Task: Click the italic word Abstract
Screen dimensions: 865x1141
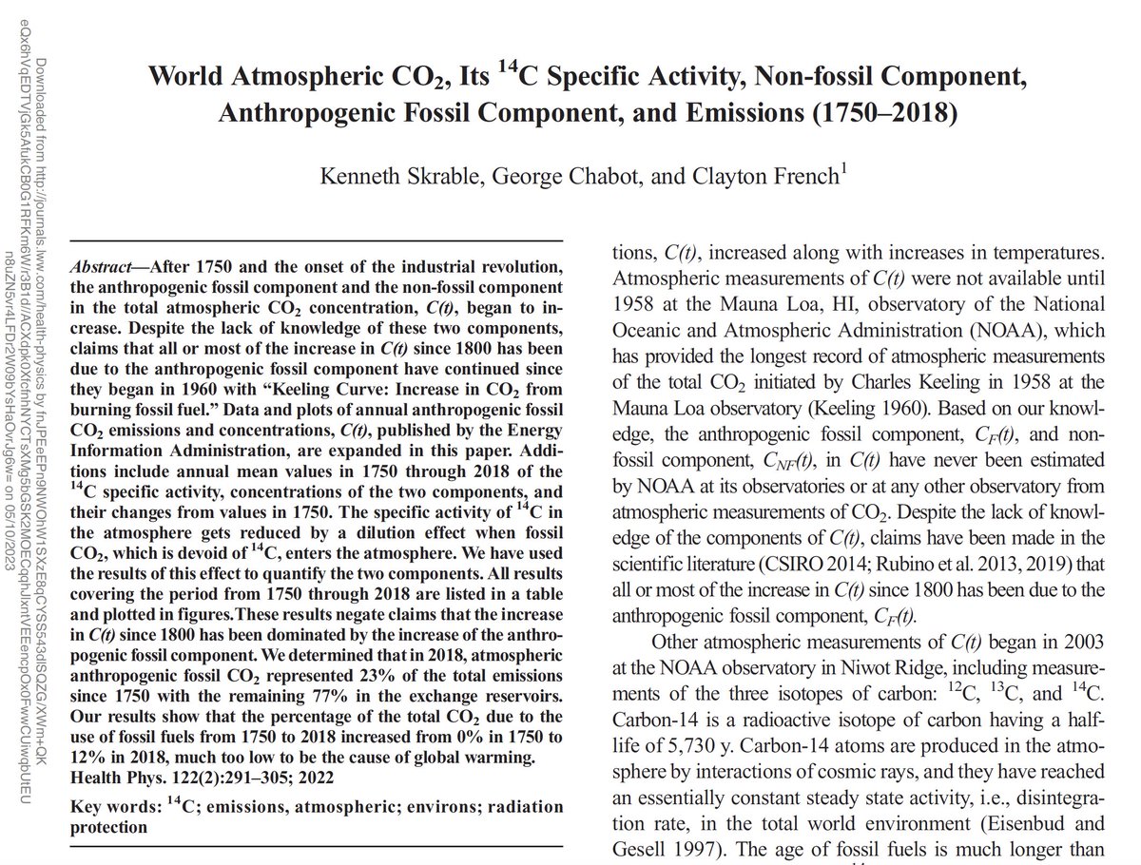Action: tap(103, 265)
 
